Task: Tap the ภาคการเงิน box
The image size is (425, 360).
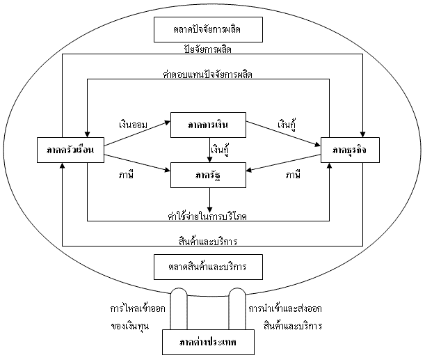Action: pos(209,125)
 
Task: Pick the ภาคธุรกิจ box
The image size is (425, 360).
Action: pos(347,150)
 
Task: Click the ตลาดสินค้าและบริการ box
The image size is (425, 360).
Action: pos(209,266)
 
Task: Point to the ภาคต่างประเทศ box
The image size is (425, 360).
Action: pos(209,342)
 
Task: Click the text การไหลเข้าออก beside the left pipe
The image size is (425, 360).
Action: pos(137,308)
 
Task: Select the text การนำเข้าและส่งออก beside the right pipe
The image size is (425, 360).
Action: pos(285,308)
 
